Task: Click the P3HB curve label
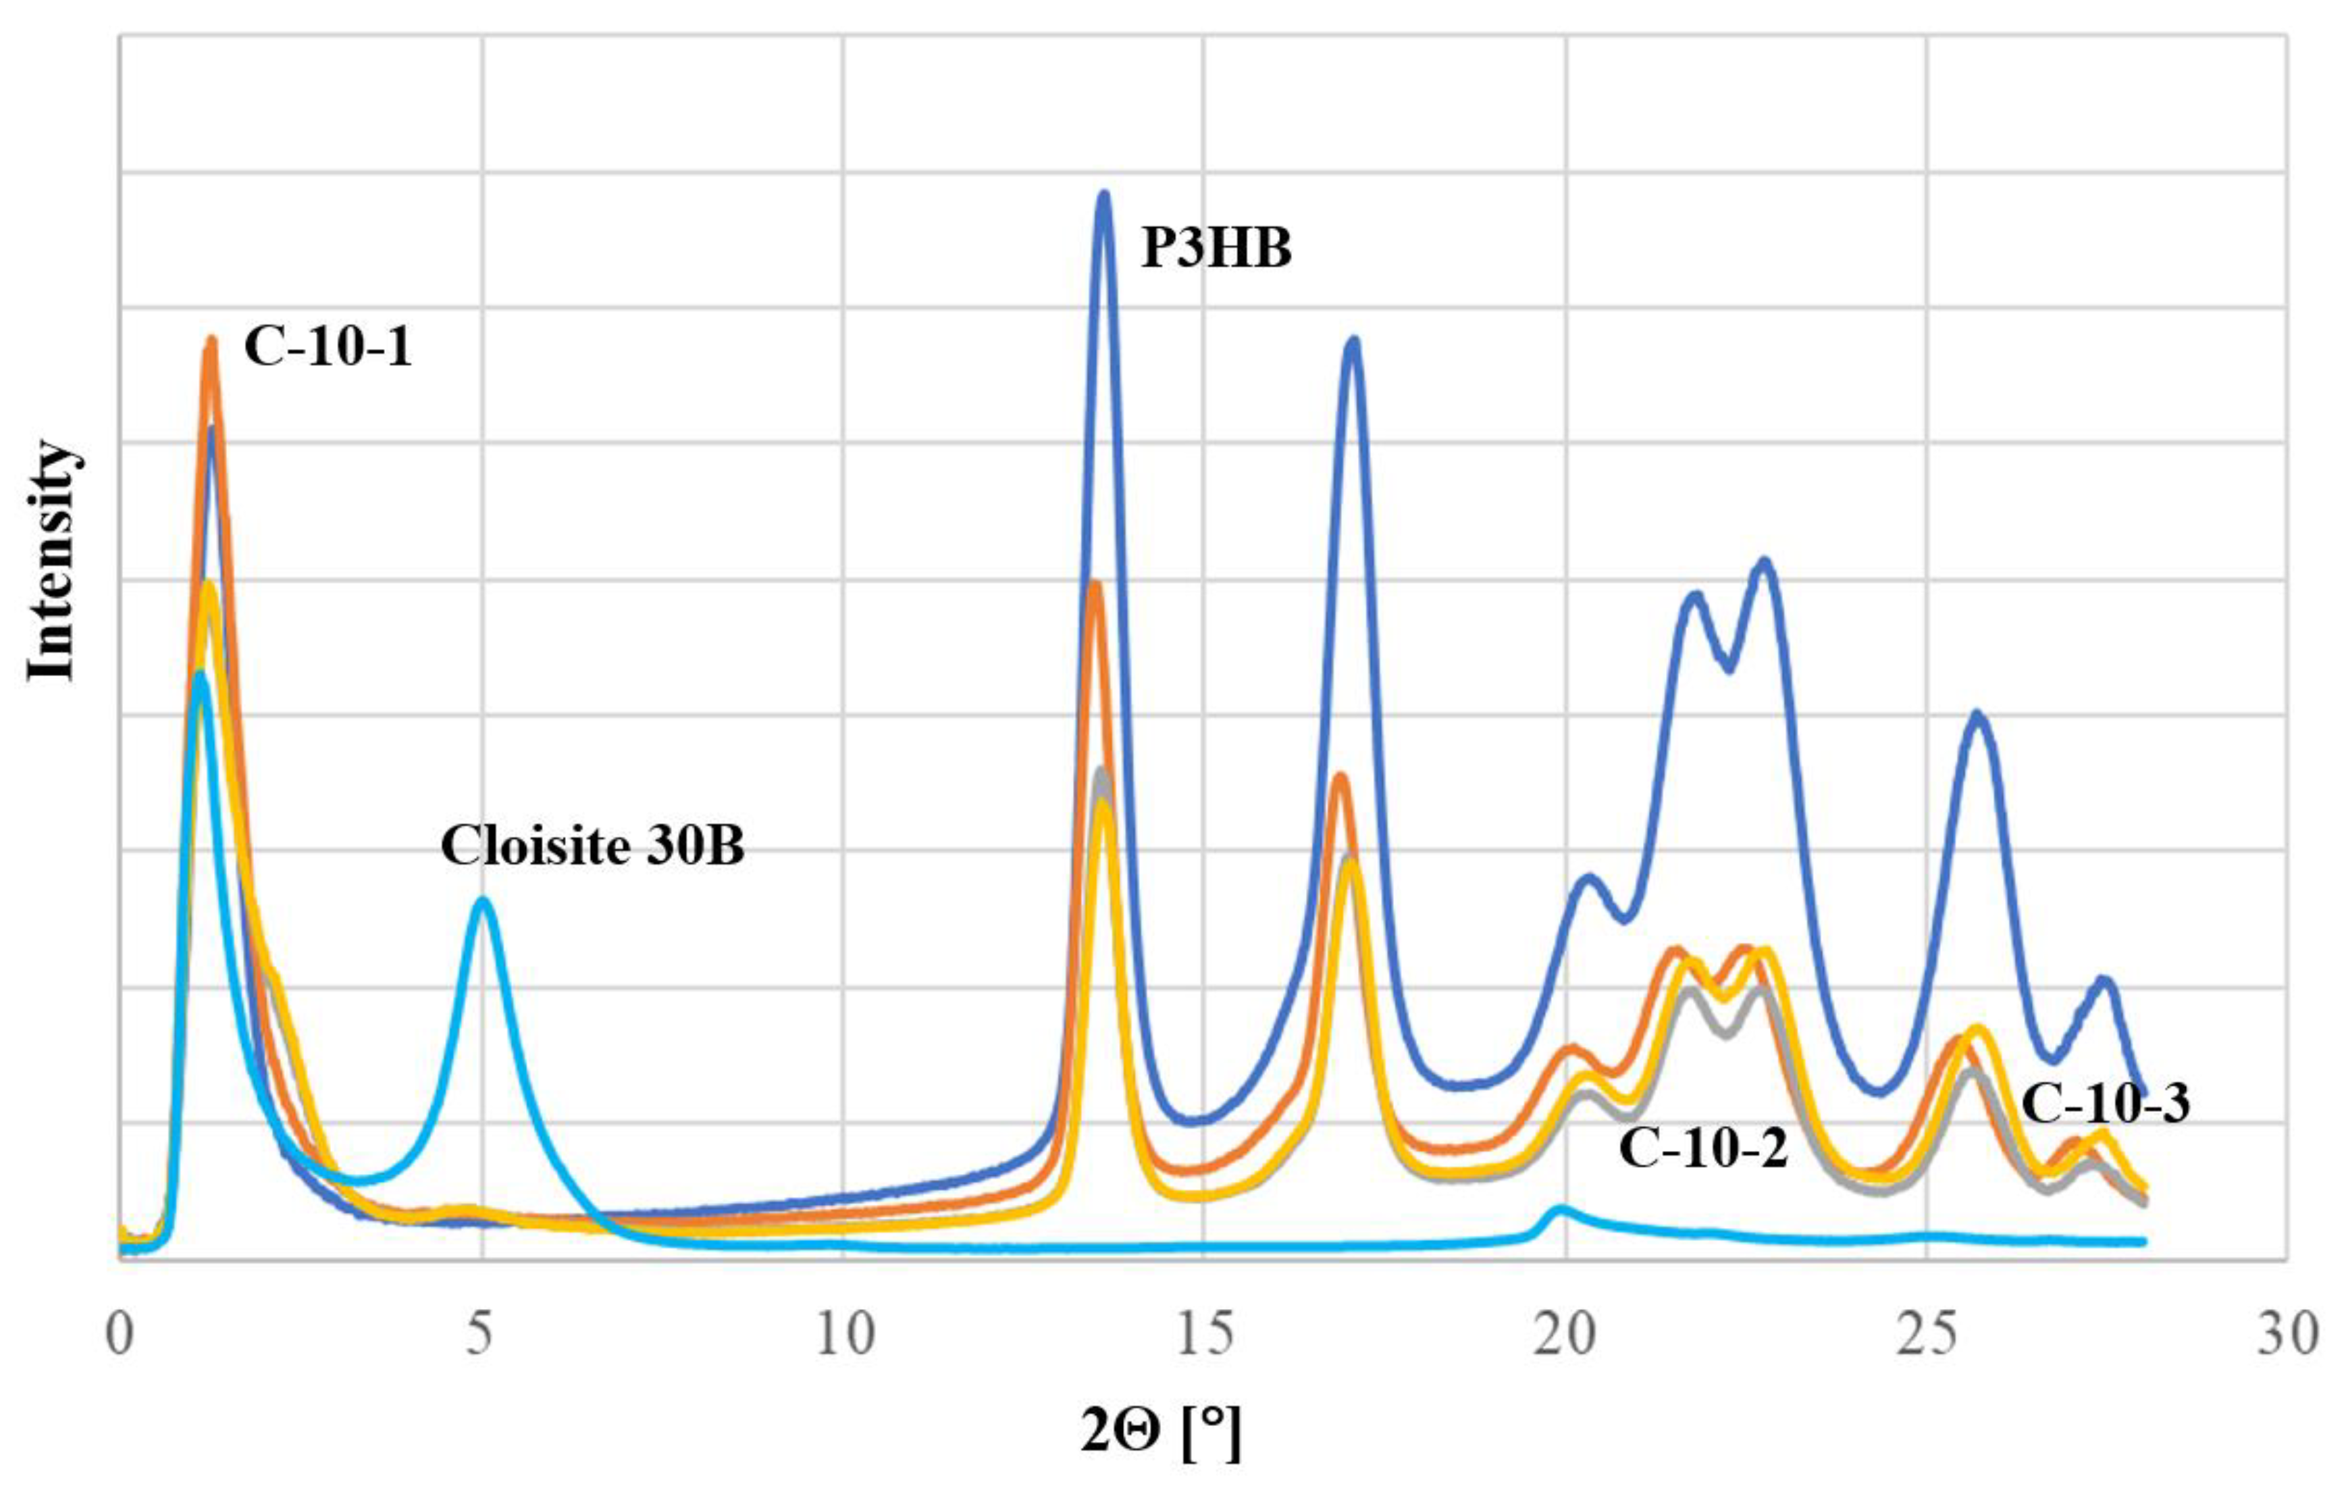[1216, 249]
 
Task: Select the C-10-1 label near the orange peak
[328, 347]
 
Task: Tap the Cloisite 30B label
[592, 846]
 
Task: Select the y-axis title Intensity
[51, 561]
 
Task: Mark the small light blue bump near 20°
[1560, 1209]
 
